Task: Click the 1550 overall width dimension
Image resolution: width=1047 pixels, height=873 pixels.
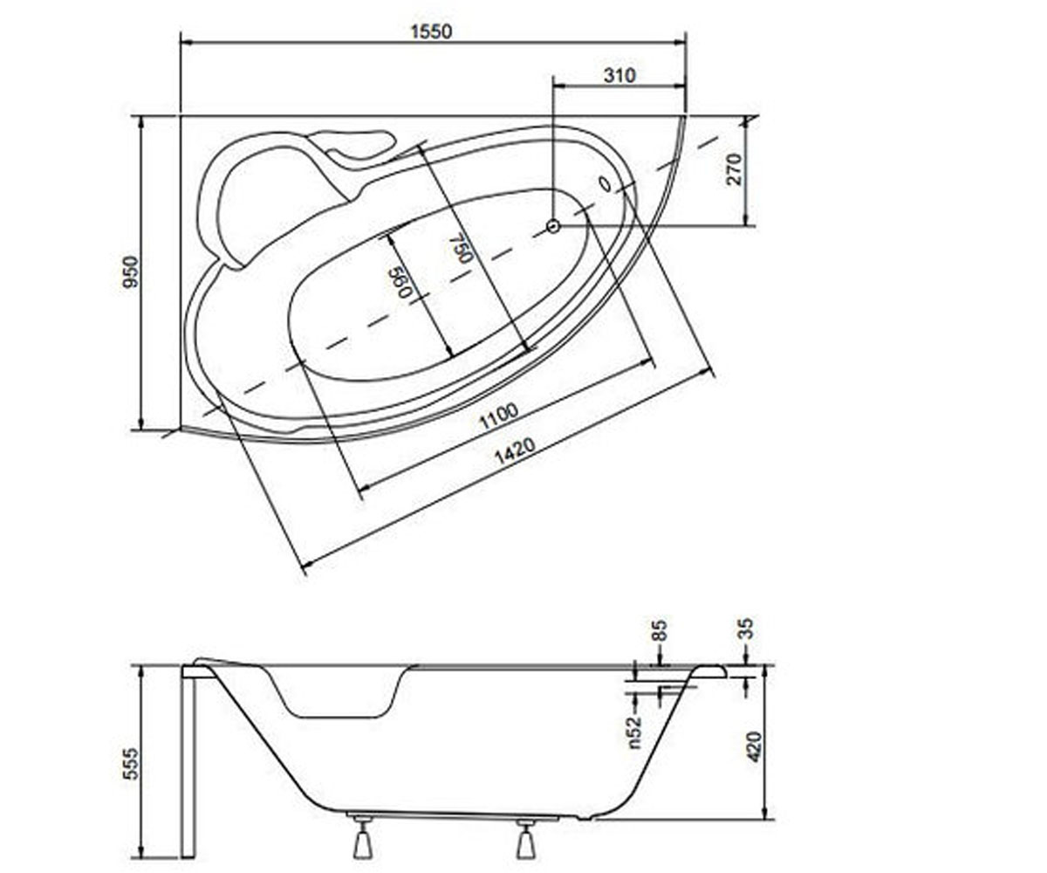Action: click(x=431, y=31)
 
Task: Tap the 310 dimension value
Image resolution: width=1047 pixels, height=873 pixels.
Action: click(x=619, y=76)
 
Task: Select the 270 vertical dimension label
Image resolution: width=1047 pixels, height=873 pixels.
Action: click(x=734, y=169)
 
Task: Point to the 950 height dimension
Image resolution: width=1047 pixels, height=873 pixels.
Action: click(x=132, y=272)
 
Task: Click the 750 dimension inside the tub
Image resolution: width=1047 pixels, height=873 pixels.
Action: click(x=464, y=250)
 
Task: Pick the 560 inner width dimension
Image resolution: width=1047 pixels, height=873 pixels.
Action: click(x=402, y=282)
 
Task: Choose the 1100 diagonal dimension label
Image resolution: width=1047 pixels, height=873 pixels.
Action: click(x=498, y=416)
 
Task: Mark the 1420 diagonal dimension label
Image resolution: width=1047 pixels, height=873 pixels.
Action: click(x=515, y=451)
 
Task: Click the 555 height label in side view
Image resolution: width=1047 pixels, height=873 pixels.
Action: click(x=131, y=763)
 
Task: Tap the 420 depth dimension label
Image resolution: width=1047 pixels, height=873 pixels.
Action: click(x=754, y=746)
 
